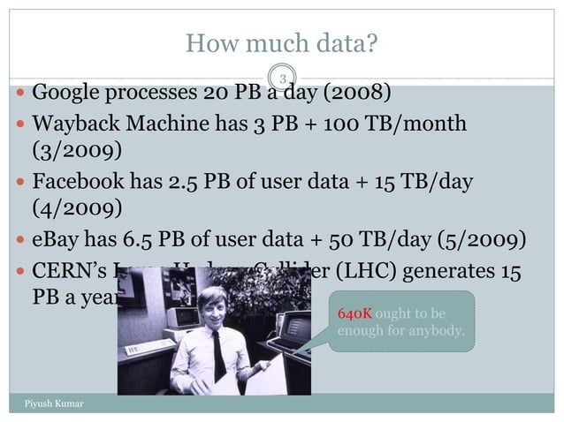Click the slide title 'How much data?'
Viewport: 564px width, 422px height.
[281, 42]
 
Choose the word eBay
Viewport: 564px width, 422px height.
[55, 242]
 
